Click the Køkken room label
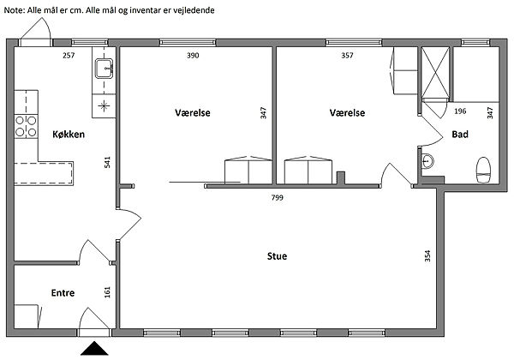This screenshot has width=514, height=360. tap(69, 134)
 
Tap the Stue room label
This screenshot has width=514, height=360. tap(277, 256)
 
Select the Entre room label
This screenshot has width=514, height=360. tap(63, 293)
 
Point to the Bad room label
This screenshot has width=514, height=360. tap(460, 134)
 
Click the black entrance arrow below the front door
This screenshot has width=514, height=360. tap(94, 348)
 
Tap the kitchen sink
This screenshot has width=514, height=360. tap(104, 69)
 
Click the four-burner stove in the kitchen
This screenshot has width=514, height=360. tap(26, 126)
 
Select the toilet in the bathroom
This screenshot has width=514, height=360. tap(483, 171)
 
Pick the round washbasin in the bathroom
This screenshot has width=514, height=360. tap(427, 161)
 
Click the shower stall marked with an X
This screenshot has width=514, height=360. tap(435, 73)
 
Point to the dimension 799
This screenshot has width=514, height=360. tap(278, 197)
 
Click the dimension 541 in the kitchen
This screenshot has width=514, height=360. tap(108, 163)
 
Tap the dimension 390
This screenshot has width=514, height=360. tap(193, 56)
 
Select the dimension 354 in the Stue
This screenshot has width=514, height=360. tap(427, 256)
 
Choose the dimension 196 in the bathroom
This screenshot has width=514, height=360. tap(460, 111)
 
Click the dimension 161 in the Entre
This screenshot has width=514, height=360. tap(108, 292)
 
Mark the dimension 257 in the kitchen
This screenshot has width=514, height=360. tap(69, 56)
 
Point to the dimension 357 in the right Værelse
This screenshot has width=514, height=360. tap(347, 56)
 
